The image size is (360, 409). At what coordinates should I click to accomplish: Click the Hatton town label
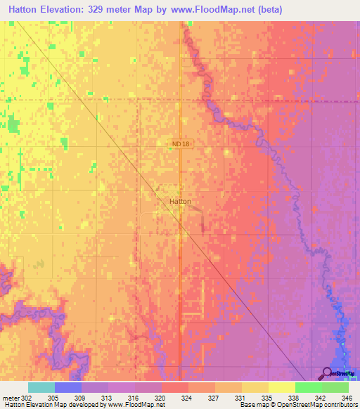pos(180,201)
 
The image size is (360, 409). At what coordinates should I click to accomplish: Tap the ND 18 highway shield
pos(180,144)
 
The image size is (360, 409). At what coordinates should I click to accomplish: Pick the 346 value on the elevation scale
pos(347,398)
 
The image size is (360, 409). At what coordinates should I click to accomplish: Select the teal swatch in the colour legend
pos(41,387)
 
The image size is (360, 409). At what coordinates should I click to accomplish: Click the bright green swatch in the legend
pos(308,387)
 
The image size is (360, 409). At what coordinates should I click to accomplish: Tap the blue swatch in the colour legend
pos(67,387)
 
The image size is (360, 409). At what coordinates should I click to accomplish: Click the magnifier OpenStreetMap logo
pos(327,373)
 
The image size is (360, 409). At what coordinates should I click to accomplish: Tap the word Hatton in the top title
pos(25,10)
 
